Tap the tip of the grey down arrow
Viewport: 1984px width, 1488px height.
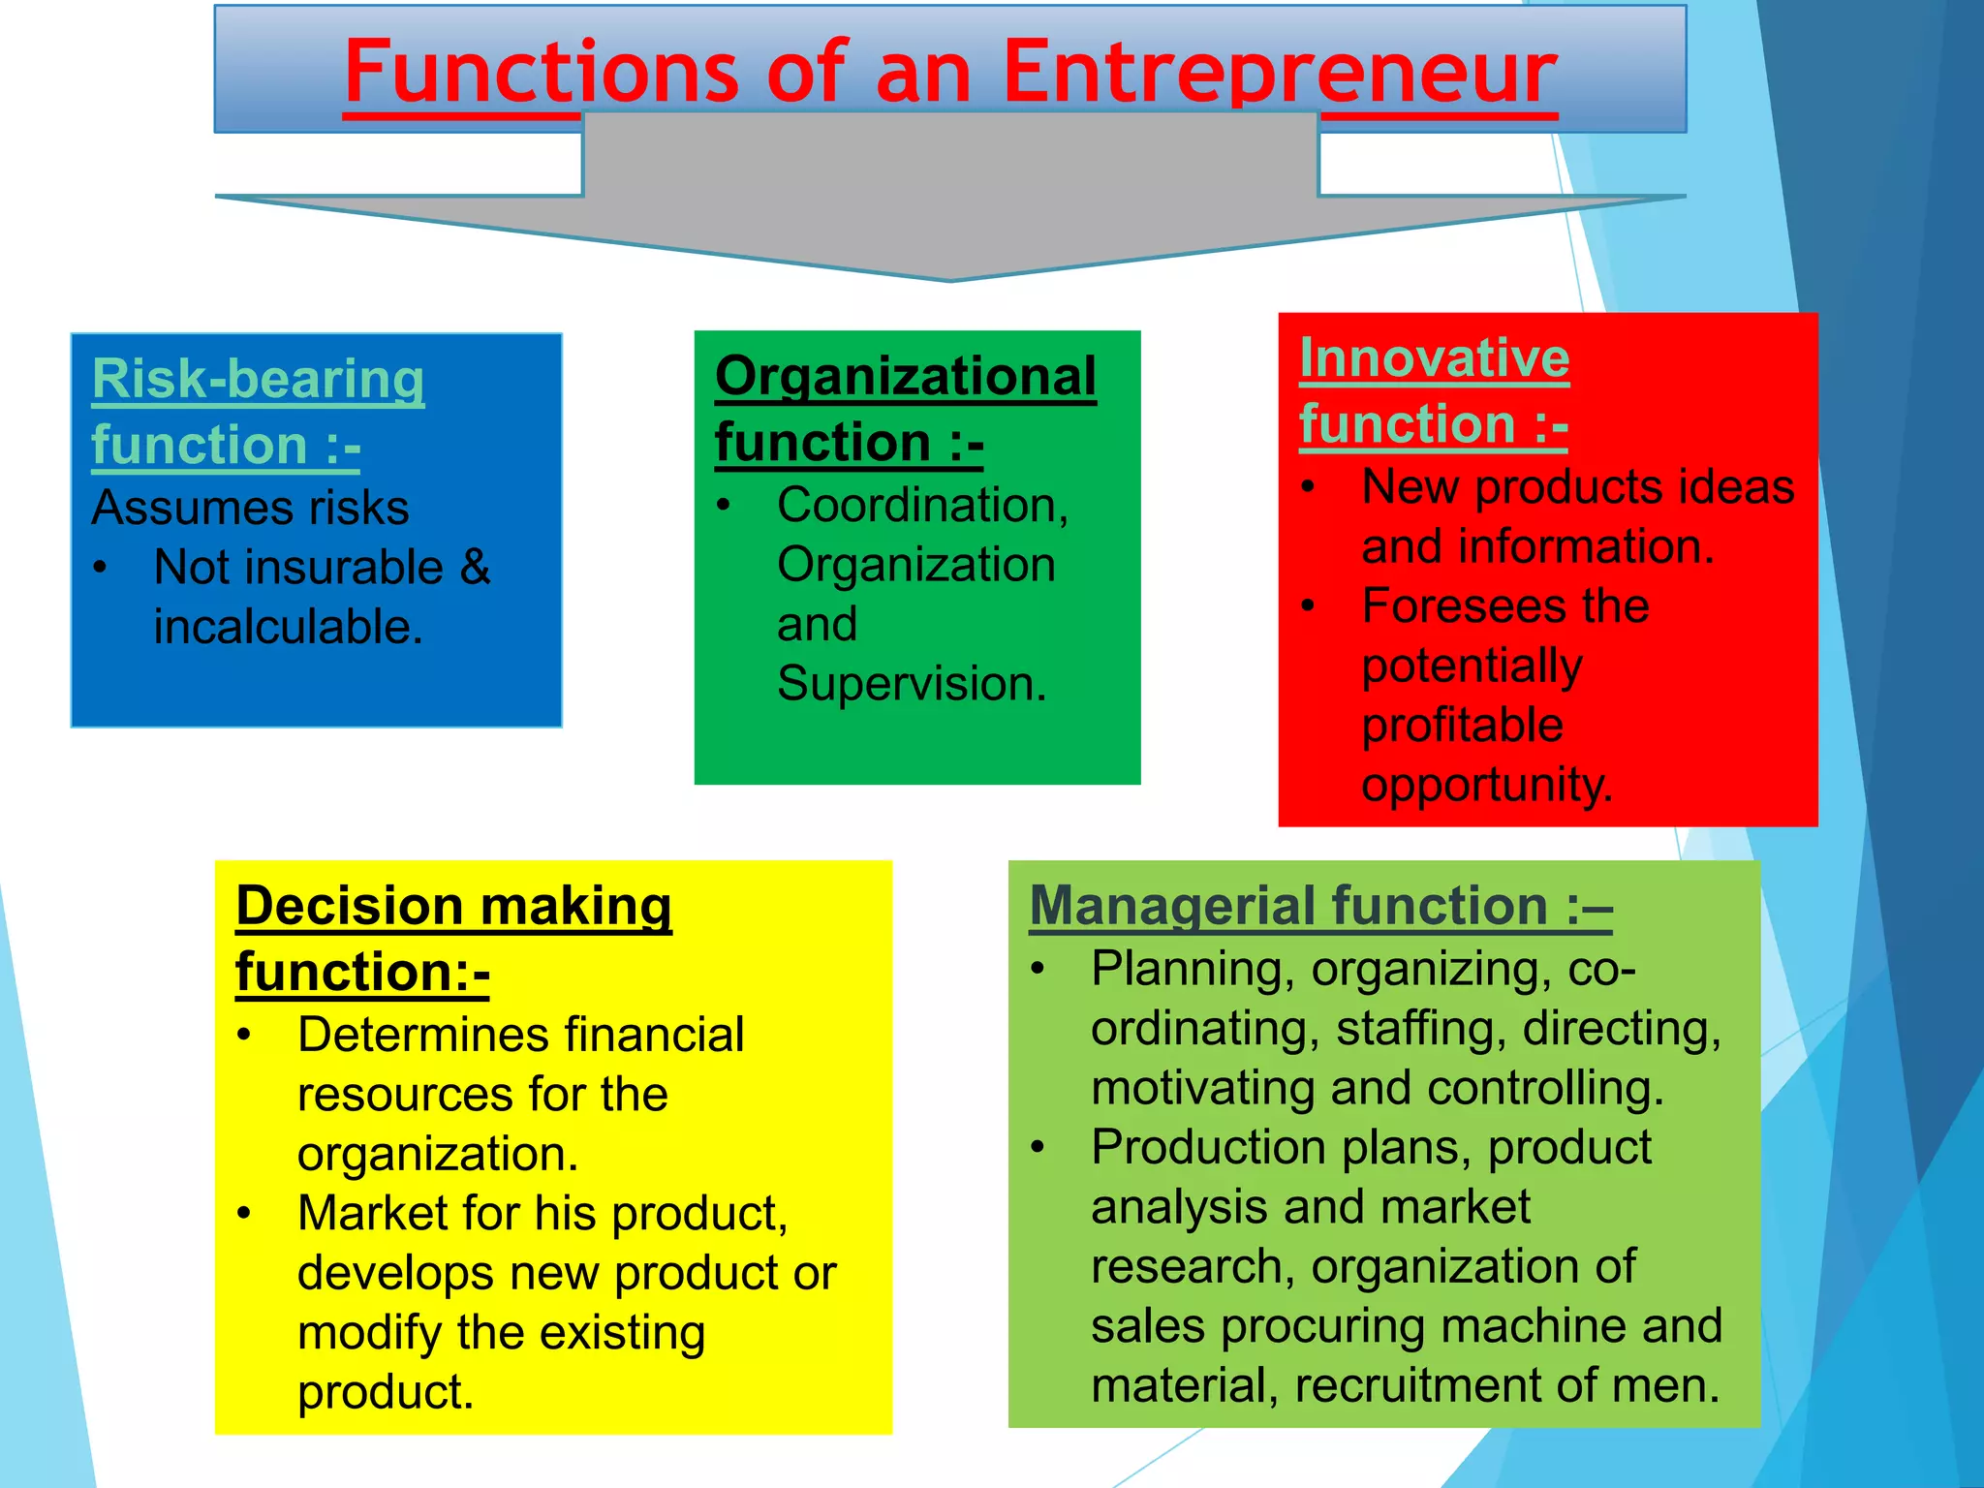(950, 278)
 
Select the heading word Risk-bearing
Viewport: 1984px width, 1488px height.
(258, 379)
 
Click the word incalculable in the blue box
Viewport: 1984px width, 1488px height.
(287, 627)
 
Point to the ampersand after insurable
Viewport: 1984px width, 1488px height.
(475, 567)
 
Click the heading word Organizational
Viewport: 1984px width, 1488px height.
(905, 376)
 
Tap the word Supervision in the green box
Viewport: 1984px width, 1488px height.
(911, 684)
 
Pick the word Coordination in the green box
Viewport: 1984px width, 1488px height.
(921, 506)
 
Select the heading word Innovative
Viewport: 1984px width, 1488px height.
(1434, 358)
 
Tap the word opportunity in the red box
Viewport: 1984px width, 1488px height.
(1486, 785)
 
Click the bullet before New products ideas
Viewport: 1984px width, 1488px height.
(1308, 486)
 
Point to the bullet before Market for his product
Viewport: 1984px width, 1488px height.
(244, 1213)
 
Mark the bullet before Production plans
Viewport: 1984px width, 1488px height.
(1038, 1147)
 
